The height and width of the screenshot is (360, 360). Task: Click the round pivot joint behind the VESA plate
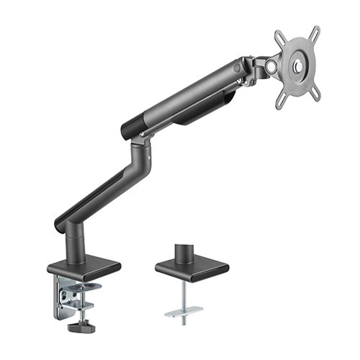click(270, 66)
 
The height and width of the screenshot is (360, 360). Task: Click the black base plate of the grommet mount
click(191, 269)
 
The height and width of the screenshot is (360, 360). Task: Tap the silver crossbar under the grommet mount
click(184, 311)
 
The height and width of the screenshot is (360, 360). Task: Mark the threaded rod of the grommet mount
click(185, 295)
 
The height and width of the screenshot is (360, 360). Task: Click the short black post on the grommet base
click(184, 252)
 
